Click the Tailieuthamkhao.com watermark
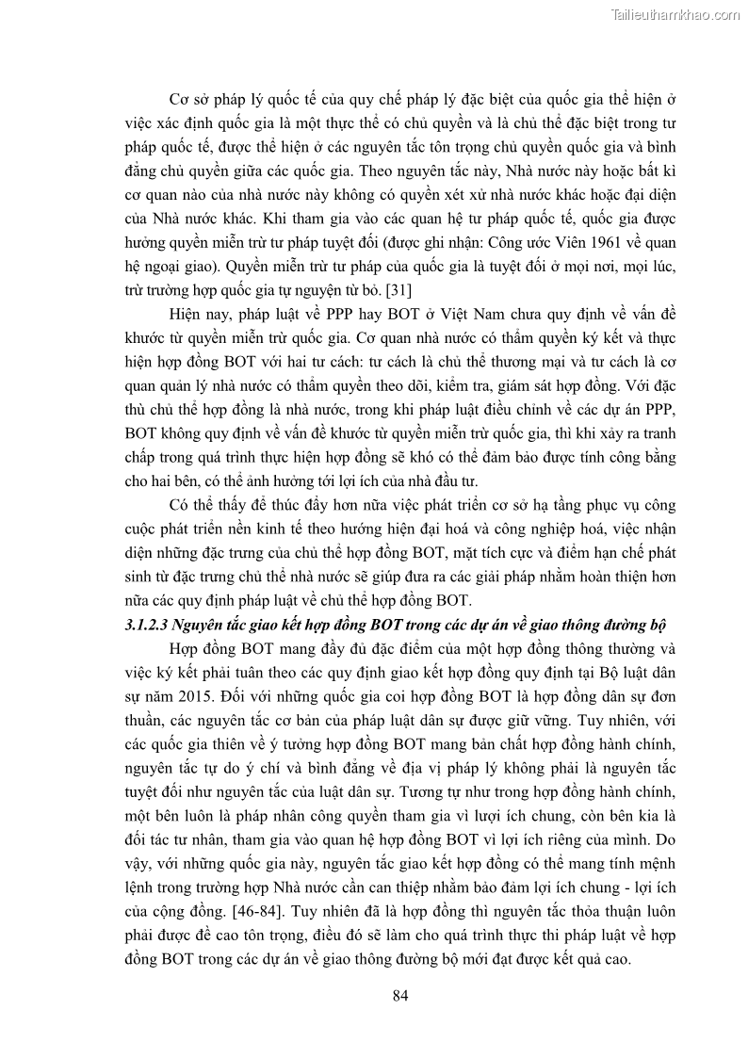click(675, 14)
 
